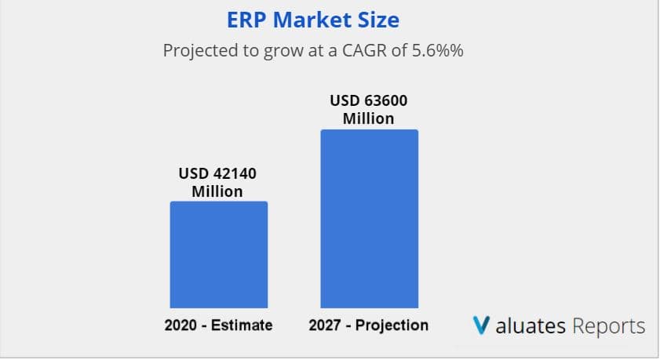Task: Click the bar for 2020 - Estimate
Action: click(x=219, y=254)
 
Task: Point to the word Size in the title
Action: click(x=378, y=19)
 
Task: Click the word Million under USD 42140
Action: click(x=218, y=191)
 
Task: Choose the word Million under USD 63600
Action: click(x=369, y=119)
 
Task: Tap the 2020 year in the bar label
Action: click(x=180, y=325)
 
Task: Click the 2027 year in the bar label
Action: click(x=325, y=325)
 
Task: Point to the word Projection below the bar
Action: click(x=392, y=325)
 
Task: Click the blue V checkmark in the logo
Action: click(x=482, y=325)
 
